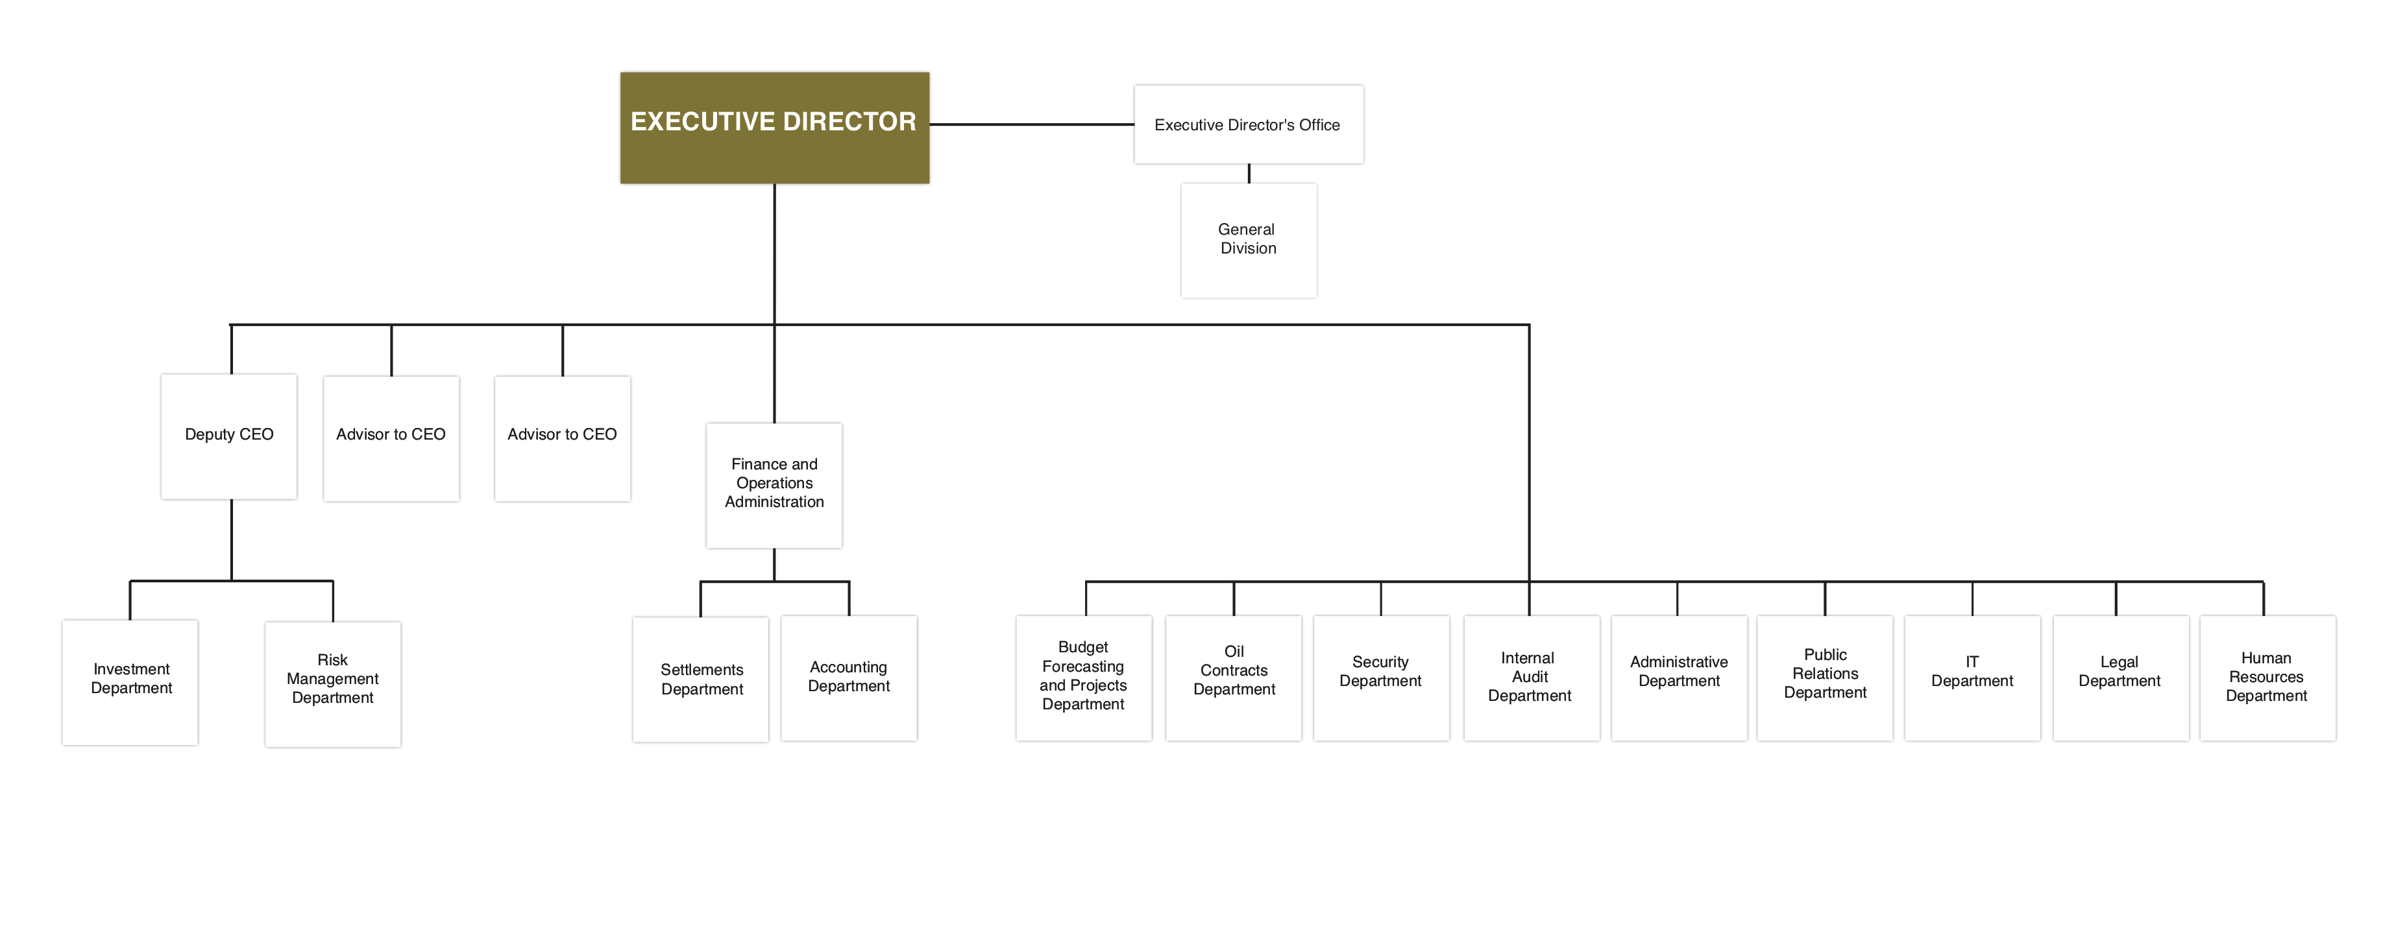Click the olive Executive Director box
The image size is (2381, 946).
click(x=775, y=128)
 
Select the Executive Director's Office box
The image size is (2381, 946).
click(x=1249, y=124)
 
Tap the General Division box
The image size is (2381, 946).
click(x=1249, y=240)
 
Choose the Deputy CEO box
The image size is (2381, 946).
click(x=229, y=436)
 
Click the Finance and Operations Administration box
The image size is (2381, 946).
click(x=775, y=486)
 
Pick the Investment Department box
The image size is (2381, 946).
click(x=130, y=682)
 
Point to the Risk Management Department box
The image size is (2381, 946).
click(x=333, y=683)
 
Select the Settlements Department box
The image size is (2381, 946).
click(x=701, y=679)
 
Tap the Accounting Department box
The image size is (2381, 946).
click(x=849, y=678)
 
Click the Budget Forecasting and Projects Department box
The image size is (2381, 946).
click(x=1084, y=678)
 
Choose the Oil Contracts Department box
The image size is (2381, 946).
click(x=1234, y=678)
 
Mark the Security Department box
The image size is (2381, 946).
click(x=1382, y=678)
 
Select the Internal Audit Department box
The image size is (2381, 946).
click(x=1532, y=678)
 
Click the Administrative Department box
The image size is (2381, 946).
click(x=1679, y=678)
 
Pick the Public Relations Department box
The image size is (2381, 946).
click(x=1825, y=678)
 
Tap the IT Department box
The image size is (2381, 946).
click(x=1972, y=678)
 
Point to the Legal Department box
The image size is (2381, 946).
click(x=2121, y=678)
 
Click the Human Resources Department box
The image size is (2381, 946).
click(x=2268, y=678)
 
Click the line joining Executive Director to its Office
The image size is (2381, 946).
click(x=1032, y=124)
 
